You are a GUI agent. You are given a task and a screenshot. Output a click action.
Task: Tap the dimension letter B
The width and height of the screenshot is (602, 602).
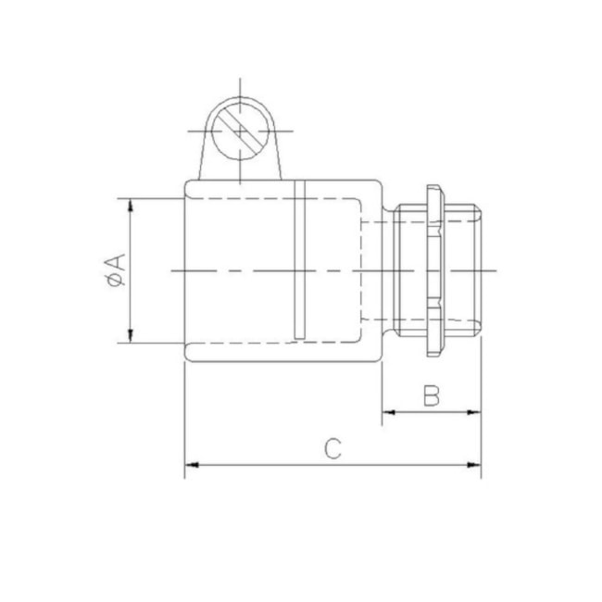coord(432,396)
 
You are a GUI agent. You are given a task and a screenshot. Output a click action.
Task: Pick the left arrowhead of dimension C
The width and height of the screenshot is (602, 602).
coord(191,463)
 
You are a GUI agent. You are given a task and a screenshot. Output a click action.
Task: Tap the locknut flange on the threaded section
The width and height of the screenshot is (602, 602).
coord(433,270)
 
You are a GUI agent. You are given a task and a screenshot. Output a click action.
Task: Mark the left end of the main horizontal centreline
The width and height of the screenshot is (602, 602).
coord(172,270)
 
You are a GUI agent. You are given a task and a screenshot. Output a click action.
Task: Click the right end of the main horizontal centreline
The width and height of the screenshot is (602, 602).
coord(497,270)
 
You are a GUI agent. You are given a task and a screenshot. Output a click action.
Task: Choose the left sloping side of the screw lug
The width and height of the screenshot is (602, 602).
coord(201,157)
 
